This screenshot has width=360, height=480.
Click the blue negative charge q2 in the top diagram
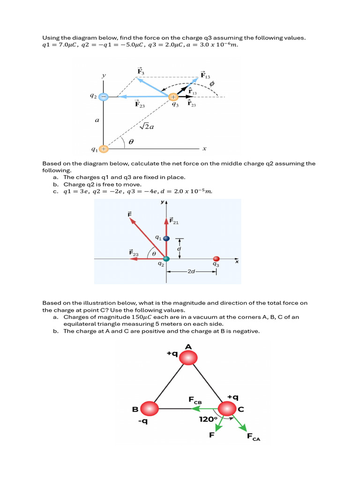point(104,97)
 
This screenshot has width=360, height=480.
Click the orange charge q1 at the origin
point(104,149)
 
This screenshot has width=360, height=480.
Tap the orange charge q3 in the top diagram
point(173,97)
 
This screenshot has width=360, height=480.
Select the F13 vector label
point(205,75)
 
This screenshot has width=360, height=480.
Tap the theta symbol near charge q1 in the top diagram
point(131,140)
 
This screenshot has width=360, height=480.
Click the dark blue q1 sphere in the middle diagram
point(166,238)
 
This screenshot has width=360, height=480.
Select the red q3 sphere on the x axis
point(216,259)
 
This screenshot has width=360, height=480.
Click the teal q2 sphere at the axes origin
point(166,259)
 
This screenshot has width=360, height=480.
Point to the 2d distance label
point(191,271)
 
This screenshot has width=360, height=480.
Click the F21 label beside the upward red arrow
point(174,221)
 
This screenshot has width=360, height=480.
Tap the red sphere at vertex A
point(188,359)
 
